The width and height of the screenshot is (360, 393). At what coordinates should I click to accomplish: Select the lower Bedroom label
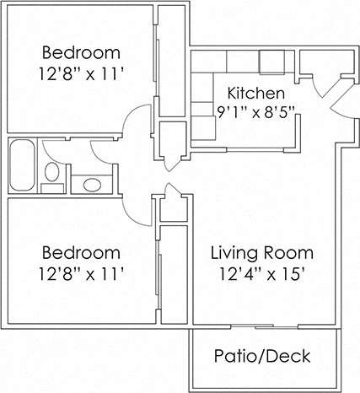[x=82, y=252]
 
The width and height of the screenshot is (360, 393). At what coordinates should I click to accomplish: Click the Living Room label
[x=261, y=252]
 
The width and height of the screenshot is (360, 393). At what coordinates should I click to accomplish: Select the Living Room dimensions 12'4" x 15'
[x=261, y=272]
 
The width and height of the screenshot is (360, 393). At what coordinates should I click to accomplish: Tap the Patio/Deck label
[x=261, y=357]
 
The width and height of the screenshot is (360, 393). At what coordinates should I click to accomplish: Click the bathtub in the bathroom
[x=22, y=166]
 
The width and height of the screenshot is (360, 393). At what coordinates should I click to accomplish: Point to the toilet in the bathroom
[x=52, y=175]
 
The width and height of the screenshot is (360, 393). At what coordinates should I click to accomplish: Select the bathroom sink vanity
[x=89, y=182]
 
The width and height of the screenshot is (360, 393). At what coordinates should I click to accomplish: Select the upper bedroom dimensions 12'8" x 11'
[x=82, y=73]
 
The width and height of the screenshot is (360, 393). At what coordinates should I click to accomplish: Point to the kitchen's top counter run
[x=240, y=62]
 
